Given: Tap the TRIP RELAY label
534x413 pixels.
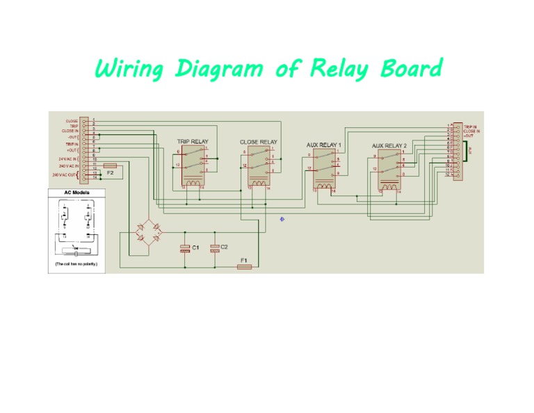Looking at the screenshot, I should [x=192, y=141].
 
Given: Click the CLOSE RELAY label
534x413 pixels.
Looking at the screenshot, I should [x=258, y=142].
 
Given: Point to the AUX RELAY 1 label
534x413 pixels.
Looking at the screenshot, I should [x=324, y=145].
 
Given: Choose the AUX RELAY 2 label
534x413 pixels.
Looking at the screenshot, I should [x=389, y=146].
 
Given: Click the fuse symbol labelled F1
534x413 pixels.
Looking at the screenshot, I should [x=244, y=266].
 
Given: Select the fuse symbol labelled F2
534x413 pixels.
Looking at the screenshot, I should [x=110, y=166].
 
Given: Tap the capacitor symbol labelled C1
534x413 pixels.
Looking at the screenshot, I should [x=184, y=248].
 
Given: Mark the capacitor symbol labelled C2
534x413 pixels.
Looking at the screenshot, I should [x=215, y=248].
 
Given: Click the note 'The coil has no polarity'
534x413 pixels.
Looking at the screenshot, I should [x=76, y=265].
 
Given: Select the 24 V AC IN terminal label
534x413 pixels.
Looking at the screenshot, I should [x=68, y=159].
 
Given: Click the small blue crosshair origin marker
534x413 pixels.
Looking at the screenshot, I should [x=282, y=219].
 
